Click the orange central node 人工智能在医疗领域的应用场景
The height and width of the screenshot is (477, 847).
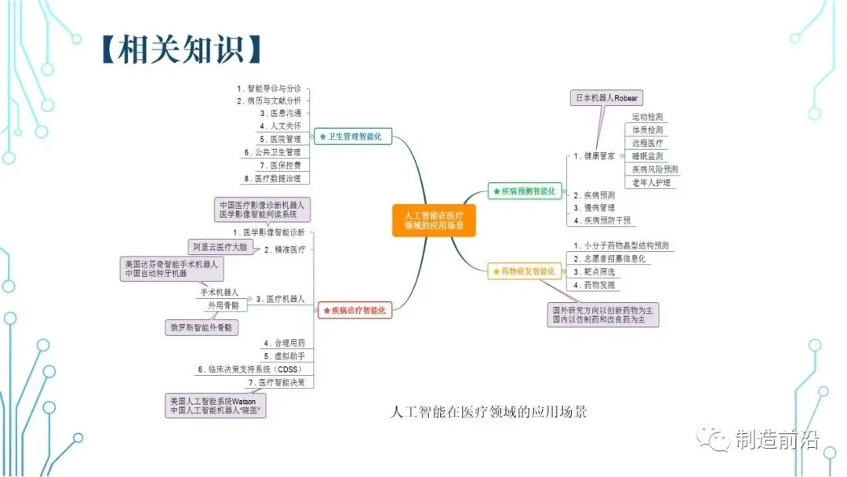pos(434,220)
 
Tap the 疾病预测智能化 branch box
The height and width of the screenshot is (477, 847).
pos(523,190)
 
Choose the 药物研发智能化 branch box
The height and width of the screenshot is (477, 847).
pos(523,271)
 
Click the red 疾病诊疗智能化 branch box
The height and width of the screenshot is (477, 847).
pos(354,311)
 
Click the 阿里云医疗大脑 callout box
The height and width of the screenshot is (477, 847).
pos(220,246)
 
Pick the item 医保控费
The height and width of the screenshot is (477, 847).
pos(284,165)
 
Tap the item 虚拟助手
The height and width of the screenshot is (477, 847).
pos(284,356)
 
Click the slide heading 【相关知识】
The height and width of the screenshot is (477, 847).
pos(180,49)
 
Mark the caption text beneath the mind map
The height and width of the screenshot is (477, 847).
pos(488,411)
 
